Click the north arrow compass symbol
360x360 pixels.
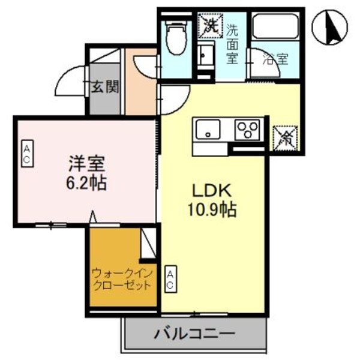(x=328, y=27)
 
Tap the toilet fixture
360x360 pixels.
(x=176, y=37)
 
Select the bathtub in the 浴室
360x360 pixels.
(x=274, y=27)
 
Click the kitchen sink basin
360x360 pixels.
(x=206, y=129)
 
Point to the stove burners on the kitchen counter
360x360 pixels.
(x=247, y=129)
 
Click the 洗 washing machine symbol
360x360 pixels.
(x=211, y=25)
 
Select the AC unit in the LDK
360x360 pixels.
(x=170, y=279)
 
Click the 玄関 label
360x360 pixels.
(x=104, y=87)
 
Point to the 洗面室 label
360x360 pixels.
(x=232, y=43)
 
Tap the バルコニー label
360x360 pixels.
(x=194, y=333)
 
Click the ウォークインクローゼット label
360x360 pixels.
(x=122, y=280)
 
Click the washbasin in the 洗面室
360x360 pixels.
(x=205, y=55)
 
